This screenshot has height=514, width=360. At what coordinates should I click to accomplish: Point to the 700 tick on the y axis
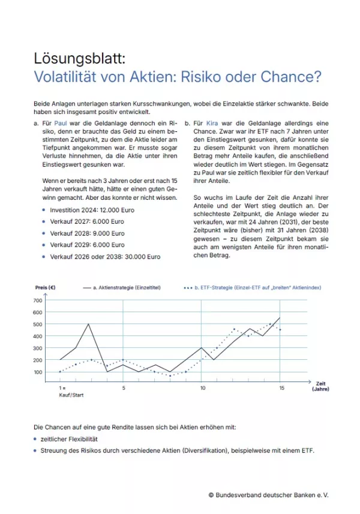pyautogui.click(x=38, y=300)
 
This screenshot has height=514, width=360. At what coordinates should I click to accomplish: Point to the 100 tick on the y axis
pyautogui.click(x=38, y=372)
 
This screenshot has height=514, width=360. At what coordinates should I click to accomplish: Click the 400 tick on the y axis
pyautogui.click(x=38, y=336)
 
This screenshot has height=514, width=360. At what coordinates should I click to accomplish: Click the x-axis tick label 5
pyautogui.click(x=124, y=388)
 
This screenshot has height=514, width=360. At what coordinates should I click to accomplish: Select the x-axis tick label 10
pyautogui.click(x=203, y=388)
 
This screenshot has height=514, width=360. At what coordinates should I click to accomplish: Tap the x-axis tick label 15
pyautogui.click(x=281, y=388)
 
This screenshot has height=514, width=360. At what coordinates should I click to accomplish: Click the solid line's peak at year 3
pyautogui.click(x=88, y=324)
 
